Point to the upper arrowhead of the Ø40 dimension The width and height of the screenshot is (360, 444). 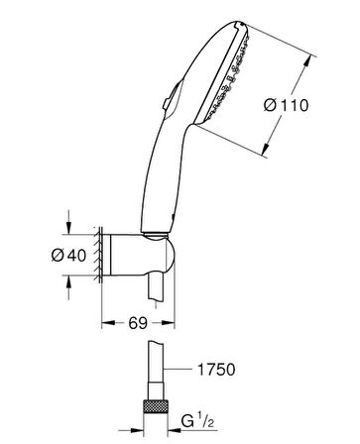click(x=68, y=226)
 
